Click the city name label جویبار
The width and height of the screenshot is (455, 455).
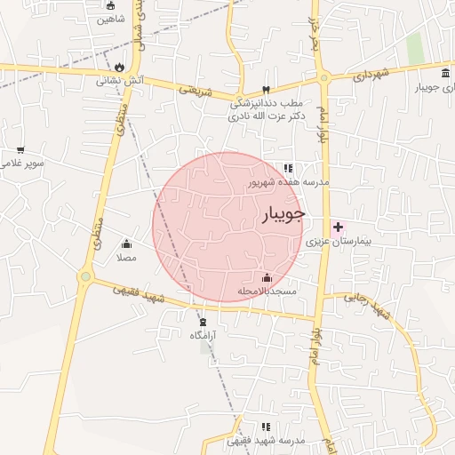[284, 214]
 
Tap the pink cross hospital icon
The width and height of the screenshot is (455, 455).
[338, 227]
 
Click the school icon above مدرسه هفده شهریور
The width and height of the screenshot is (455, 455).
[288, 167]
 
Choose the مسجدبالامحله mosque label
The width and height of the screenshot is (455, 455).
[267, 291]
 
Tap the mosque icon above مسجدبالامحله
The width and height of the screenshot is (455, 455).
[267, 278]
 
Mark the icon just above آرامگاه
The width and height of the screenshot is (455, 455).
[204, 321]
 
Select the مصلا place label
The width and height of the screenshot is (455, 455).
[126, 258]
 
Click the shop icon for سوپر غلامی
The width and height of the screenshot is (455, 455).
[20, 149]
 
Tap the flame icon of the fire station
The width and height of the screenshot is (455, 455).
[119, 66]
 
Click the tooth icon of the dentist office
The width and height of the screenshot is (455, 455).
[266, 89]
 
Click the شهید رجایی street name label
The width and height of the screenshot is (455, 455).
[368, 305]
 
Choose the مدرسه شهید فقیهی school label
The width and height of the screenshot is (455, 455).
[266, 441]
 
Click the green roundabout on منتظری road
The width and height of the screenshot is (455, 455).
[85, 276]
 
